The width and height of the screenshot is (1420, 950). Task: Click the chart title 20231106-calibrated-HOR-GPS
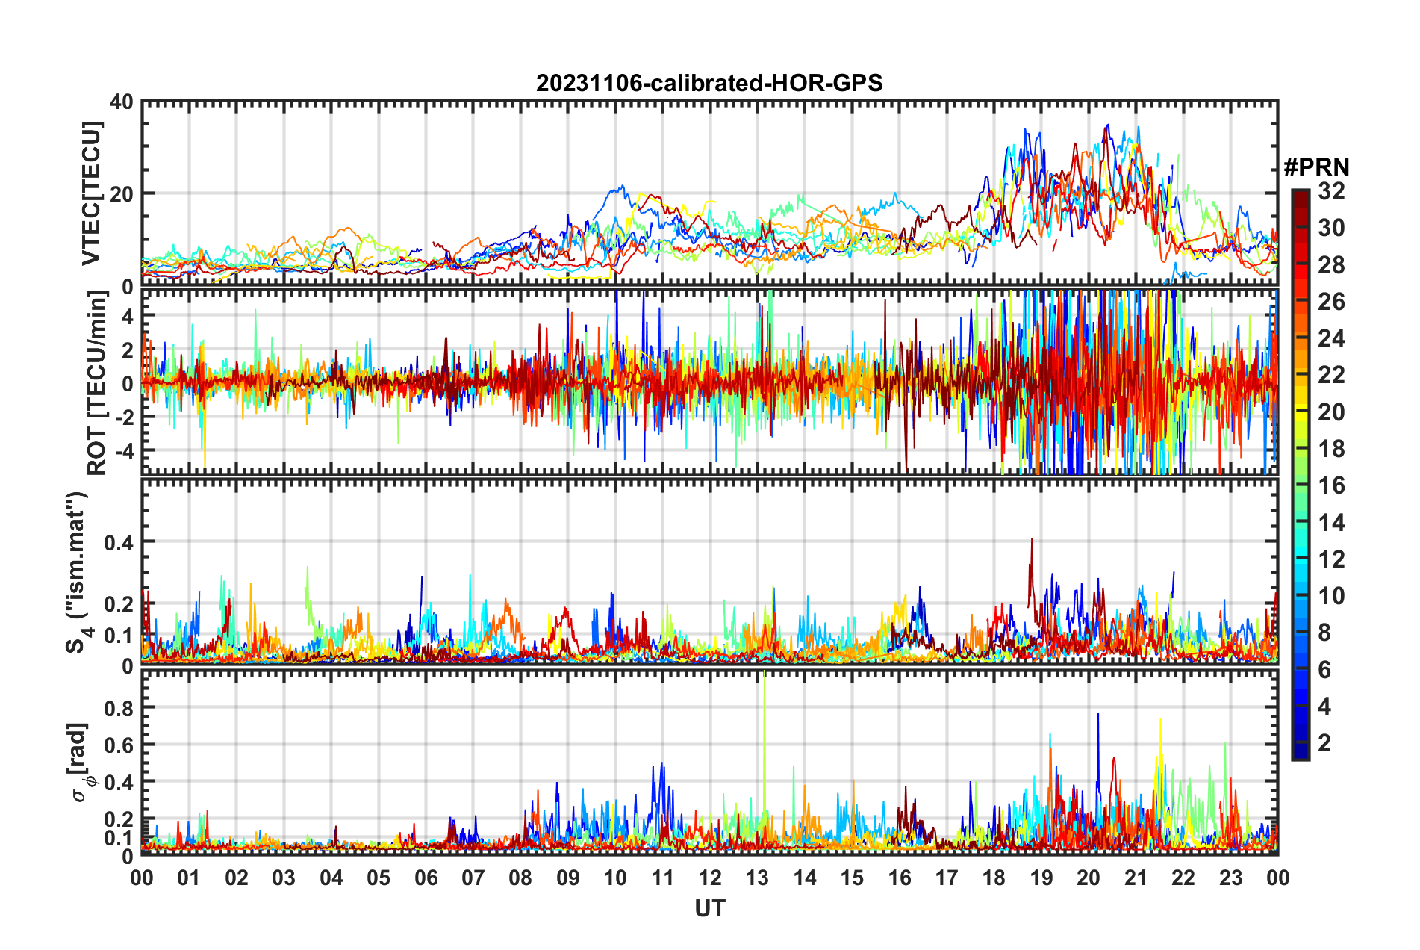[x=709, y=83]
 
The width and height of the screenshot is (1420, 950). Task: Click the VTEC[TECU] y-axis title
[x=92, y=193]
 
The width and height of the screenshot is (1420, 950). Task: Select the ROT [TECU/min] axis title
[x=97, y=382]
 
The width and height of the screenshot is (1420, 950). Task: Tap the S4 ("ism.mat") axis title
[x=78, y=572]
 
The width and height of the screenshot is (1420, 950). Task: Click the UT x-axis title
[x=709, y=909]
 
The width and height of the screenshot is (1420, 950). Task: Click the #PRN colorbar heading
[x=1316, y=167]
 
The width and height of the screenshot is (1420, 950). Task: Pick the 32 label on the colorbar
[x=1331, y=191]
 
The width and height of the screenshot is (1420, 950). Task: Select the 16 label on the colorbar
[x=1331, y=485]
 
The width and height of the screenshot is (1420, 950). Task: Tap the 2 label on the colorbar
[x=1324, y=743]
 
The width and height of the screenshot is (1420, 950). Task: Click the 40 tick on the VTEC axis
[x=122, y=102]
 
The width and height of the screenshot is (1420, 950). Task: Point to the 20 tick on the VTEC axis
[x=122, y=193]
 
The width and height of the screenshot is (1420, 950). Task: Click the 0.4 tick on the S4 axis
[x=119, y=542]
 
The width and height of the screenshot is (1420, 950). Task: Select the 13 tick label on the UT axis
[x=757, y=878]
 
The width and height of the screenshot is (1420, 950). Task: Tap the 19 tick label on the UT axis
[x=1041, y=878]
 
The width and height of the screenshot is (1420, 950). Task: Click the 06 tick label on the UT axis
[x=426, y=878]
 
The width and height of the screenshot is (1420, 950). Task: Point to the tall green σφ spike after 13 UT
[x=765, y=680]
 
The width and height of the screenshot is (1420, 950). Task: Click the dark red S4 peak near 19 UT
[x=1032, y=541]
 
